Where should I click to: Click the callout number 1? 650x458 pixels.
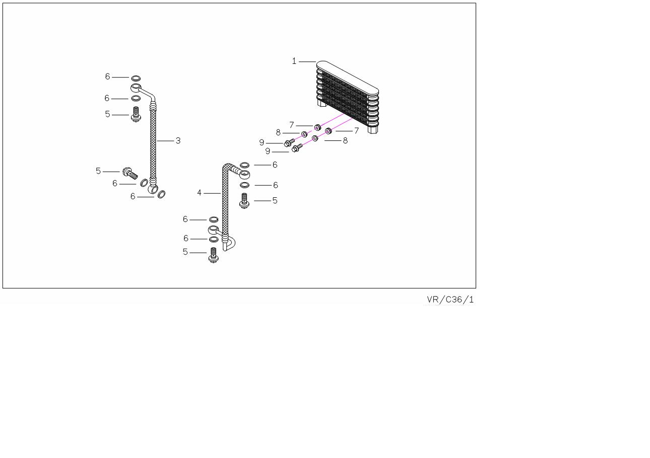(x=294, y=61)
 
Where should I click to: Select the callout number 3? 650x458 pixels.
(x=178, y=140)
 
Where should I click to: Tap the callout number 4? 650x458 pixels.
(x=199, y=193)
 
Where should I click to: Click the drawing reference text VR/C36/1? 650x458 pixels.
(x=450, y=299)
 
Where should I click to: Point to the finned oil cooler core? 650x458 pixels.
(x=348, y=97)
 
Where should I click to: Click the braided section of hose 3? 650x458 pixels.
(x=153, y=143)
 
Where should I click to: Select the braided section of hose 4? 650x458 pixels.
(x=225, y=200)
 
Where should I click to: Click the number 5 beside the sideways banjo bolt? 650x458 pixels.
(x=98, y=171)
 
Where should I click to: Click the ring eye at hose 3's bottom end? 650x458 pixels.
(x=153, y=189)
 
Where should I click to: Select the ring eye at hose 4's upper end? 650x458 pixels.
(x=244, y=174)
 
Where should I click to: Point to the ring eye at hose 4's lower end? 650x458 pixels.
(x=214, y=230)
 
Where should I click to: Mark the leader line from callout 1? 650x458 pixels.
(x=307, y=61)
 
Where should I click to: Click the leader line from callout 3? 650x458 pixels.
(x=165, y=141)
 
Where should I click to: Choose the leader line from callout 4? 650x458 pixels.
(x=212, y=193)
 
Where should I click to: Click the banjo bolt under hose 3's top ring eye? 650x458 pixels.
(x=136, y=114)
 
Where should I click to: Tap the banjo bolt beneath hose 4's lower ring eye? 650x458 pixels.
(x=213, y=255)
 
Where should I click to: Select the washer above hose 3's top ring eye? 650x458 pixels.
(x=136, y=78)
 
